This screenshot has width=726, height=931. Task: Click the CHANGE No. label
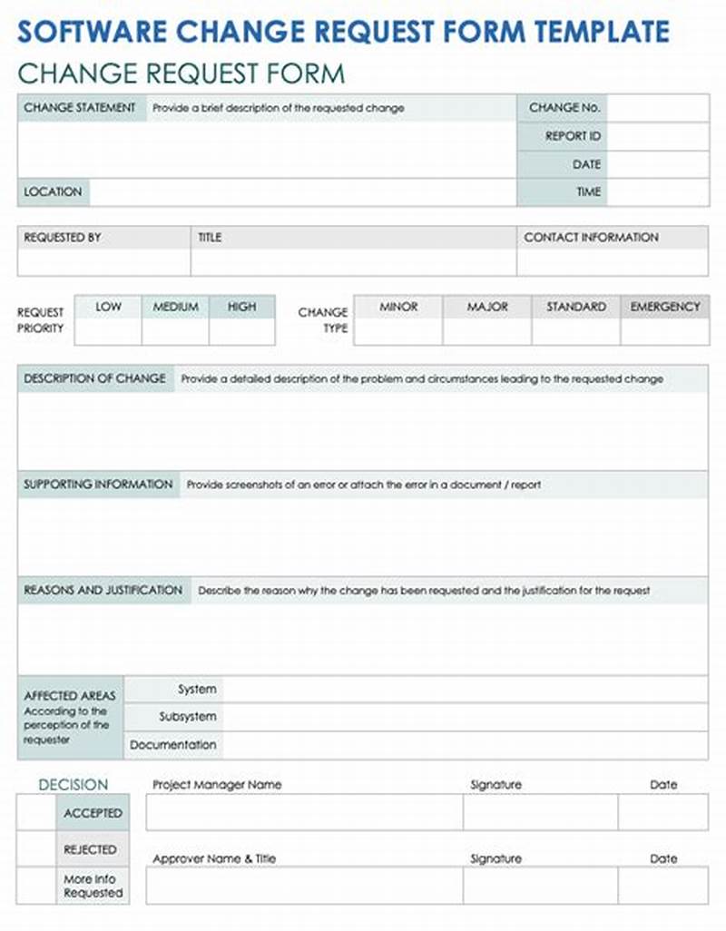click(564, 107)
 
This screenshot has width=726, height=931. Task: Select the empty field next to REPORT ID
click(658, 136)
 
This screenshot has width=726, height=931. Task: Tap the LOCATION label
click(53, 192)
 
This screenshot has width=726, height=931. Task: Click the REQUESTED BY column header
click(63, 238)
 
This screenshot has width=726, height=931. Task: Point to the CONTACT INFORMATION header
click(591, 238)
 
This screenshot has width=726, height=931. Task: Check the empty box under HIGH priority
click(241, 331)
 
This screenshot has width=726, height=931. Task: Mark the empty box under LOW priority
click(108, 331)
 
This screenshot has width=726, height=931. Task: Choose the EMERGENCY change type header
click(665, 308)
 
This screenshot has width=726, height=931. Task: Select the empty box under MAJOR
click(487, 331)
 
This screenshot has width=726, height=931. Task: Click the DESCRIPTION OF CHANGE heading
click(95, 378)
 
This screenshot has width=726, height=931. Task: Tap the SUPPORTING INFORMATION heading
click(98, 485)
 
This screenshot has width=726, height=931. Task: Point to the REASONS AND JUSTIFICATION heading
click(103, 590)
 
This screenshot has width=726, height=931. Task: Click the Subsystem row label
click(188, 717)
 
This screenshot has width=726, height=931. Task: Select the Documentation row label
click(173, 745)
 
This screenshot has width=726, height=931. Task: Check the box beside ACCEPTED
click(36, 813)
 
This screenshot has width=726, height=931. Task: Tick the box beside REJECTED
click(36, 849)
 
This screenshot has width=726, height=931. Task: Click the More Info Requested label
click(93, 886)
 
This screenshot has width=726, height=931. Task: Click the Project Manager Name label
click(217, 785)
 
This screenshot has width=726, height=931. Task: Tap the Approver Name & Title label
click(214, 858)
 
